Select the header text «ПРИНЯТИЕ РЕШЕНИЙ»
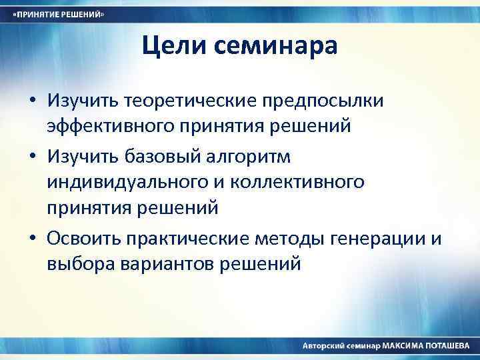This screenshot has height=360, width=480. [x=58, y=15]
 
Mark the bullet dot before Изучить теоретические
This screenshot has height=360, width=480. [x=32, y=101]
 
